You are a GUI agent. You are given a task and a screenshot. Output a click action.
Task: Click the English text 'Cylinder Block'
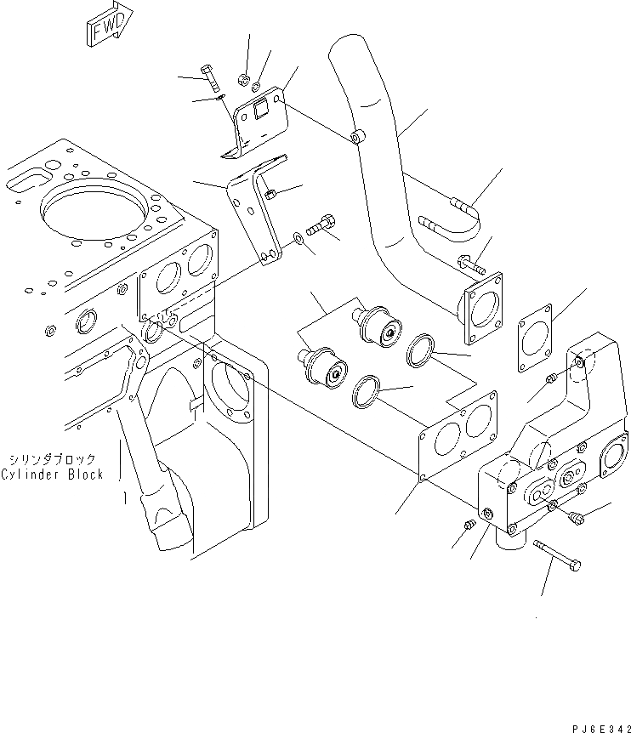pyautogui.click(x=52, y=474)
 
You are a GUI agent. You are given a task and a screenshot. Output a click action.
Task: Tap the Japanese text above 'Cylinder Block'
pyautogui.click(x=54, y=458)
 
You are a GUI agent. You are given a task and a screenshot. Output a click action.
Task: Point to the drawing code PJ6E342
pyautogui.click(x=595, y=724)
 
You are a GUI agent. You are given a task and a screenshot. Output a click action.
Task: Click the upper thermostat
pyautogui.click(x=379, y=328)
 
